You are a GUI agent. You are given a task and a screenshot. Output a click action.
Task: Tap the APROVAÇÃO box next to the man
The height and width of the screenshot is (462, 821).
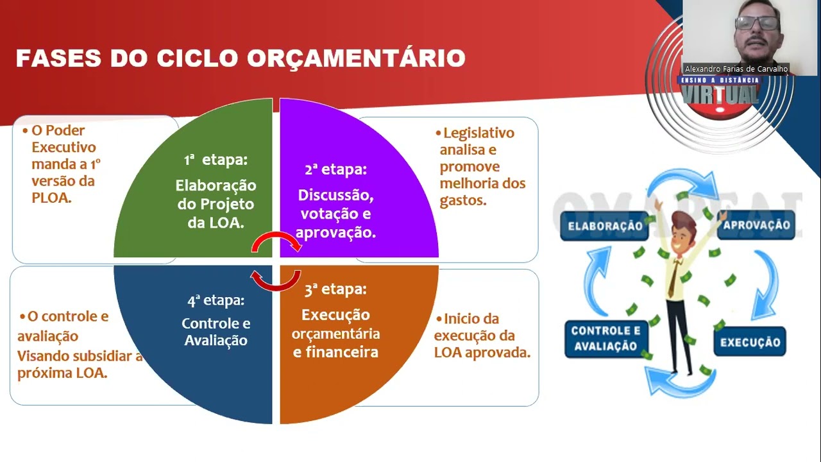[756, 226]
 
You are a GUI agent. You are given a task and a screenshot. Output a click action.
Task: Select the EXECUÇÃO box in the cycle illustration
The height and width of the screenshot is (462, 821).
[750, 342]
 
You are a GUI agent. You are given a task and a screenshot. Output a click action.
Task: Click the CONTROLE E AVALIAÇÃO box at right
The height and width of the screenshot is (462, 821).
[604, 339]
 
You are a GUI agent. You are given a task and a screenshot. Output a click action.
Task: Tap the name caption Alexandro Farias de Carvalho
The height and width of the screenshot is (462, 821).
[736, 69]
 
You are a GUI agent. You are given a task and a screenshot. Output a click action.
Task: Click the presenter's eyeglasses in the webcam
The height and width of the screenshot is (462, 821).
[757, 23]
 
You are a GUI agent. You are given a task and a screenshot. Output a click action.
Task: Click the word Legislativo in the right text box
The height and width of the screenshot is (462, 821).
[478, 133]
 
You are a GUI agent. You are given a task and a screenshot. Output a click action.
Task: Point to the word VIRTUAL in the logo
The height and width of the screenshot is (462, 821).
[720, 95]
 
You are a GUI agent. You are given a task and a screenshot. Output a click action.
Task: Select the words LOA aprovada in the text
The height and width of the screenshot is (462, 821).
[482, 352]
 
